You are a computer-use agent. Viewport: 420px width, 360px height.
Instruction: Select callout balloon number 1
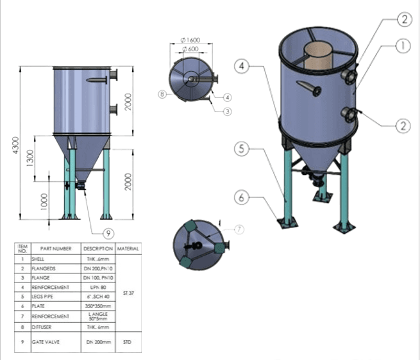(402, 45)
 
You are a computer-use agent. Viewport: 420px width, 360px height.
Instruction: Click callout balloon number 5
(241, 149)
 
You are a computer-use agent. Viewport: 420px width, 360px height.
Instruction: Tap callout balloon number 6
(241, 199)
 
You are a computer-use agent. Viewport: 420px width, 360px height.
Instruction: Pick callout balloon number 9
(108, 233)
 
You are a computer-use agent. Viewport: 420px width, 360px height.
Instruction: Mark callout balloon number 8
(163, 94)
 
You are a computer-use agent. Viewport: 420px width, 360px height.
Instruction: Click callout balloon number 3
(227, 111)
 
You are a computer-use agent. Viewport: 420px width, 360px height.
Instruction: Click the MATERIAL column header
(129, 248)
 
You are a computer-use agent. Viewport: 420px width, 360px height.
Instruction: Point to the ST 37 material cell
(129, 293)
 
